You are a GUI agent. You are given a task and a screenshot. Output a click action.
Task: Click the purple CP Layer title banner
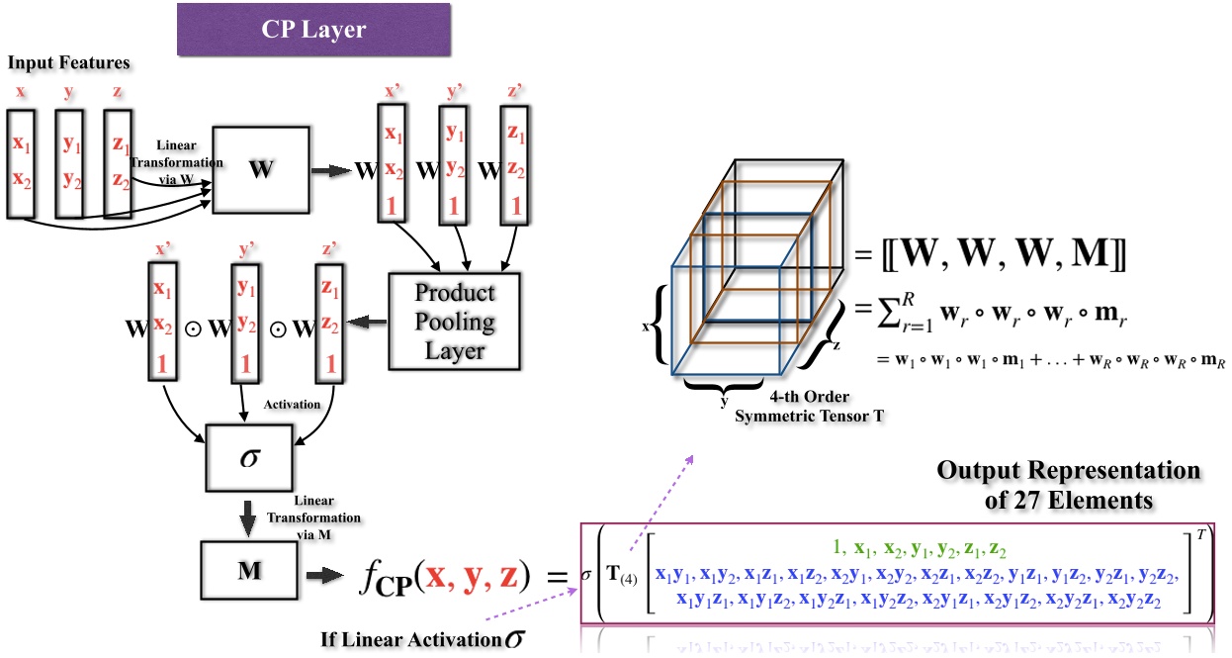point(312,29)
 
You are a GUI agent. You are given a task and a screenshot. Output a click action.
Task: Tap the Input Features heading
point(69,63)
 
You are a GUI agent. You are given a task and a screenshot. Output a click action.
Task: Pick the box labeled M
point(247,572)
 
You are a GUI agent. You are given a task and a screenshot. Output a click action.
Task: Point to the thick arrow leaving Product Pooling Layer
point(368,320)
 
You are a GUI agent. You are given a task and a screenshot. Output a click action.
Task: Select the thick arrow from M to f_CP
point(321,573)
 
